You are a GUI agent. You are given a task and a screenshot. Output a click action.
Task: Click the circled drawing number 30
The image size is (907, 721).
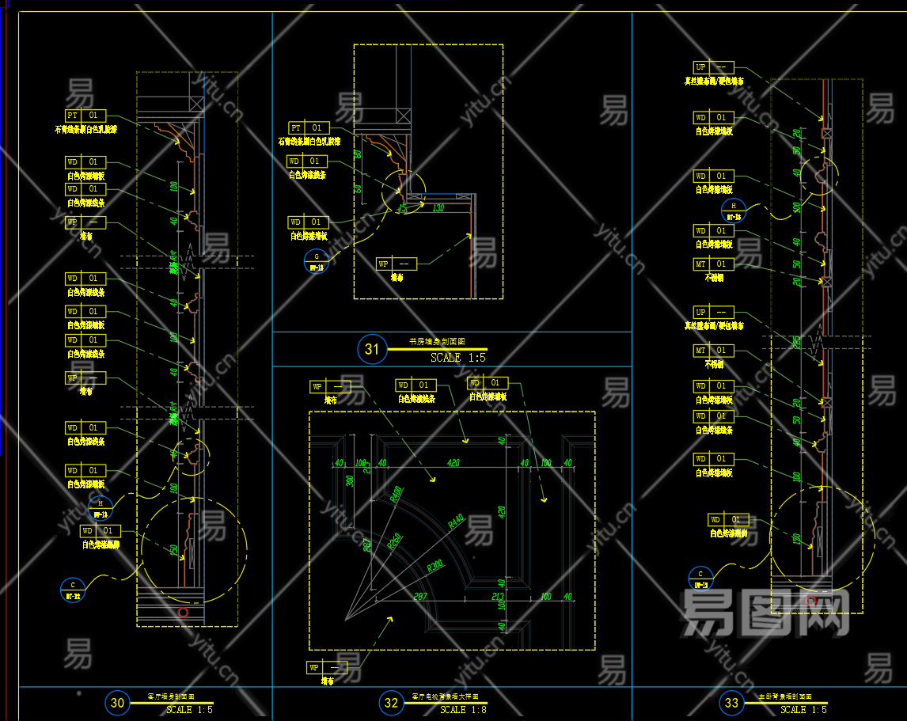(x=118, y=702)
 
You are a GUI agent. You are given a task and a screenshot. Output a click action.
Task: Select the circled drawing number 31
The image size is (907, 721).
(x=371, y=348)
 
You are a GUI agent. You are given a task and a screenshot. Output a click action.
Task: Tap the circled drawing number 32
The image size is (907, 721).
(x=391, y=702)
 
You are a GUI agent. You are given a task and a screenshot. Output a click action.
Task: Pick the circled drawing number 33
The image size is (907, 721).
(x=731, y=702)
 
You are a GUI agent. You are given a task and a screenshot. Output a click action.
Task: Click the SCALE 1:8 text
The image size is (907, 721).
(x=463, y=710)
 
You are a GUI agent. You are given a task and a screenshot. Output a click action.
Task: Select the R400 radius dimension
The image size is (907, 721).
(x=396, y=495)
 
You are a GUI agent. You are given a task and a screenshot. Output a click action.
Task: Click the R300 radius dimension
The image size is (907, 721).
(x=435, y=567)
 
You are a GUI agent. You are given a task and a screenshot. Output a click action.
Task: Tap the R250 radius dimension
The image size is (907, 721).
(x=394, y=540)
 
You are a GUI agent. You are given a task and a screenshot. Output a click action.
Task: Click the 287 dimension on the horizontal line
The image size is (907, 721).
(x=420, y=596)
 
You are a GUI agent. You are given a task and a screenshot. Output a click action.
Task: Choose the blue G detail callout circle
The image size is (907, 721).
(x=317, y=260)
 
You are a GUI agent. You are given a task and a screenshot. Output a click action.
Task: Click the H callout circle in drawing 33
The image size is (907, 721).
(x=734, y=210)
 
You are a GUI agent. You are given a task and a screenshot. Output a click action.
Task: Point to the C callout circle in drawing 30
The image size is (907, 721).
(x=71, y=588)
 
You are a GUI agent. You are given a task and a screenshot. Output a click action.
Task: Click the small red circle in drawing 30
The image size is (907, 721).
(x=183, y=612)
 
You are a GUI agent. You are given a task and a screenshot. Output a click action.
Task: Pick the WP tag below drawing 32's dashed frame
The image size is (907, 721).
(x=327, y=667)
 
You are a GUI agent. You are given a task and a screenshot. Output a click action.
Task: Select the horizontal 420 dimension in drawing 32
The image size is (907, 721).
(x=453, y=463)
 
